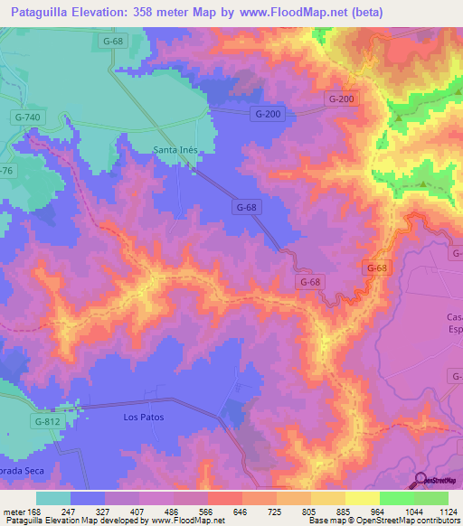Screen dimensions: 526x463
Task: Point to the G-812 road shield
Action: point(49,421)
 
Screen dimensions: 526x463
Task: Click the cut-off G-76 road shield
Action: point(5,171)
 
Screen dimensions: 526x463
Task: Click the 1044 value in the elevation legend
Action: point(412,512)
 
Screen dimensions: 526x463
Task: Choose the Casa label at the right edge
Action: point(455,316)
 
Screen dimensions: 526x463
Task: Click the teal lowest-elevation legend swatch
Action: point(53,498)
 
